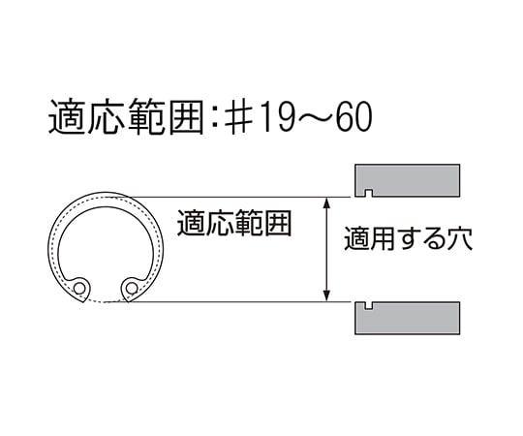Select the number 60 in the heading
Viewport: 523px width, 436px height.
point(354,117)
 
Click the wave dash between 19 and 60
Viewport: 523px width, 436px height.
point(314,117)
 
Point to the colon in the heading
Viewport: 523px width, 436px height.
point(214,118)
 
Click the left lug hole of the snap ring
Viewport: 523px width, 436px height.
point(79,288)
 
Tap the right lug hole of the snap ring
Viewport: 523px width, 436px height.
point(132,288)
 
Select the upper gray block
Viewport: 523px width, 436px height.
point(407,180)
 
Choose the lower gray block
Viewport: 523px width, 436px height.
point(407,318)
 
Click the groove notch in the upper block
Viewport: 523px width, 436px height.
point(369,193)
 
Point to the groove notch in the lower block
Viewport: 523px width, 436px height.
point(369,305)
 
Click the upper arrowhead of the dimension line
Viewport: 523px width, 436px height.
point(327,202)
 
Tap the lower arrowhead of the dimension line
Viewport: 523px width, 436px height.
point(327,296)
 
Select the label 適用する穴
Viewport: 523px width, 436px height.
point(409,238)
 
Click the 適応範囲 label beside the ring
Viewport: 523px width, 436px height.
point(234,223)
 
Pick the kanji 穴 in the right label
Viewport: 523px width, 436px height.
point(460,238)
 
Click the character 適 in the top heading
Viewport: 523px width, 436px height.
point(67,117)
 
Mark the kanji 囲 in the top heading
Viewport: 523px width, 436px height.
point(186,117)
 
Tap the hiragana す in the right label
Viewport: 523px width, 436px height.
point(409,239)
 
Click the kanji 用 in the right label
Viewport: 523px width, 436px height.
point(383,239)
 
